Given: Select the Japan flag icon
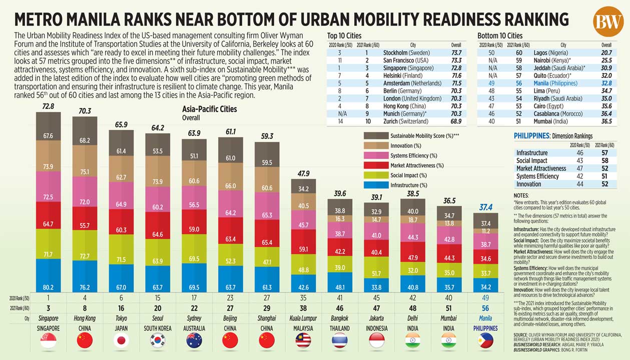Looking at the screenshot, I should [x=122, y=340].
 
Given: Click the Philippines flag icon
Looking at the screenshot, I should [x=485, y=340].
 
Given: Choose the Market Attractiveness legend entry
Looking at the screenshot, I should [x=416, y=165].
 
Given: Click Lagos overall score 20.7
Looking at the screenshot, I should [x=606, y=52].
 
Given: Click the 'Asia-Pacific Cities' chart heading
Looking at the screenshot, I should [x=209, y=109].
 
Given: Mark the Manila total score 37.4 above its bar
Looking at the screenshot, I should [x=485, y=207].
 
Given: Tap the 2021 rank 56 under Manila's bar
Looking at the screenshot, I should [x=485, y=308].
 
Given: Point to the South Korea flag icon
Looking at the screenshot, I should [x=158, y=340].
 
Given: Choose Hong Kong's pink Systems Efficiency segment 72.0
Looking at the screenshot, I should [x=85, y=201].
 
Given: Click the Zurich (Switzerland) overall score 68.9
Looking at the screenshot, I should [x=456, y=121].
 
